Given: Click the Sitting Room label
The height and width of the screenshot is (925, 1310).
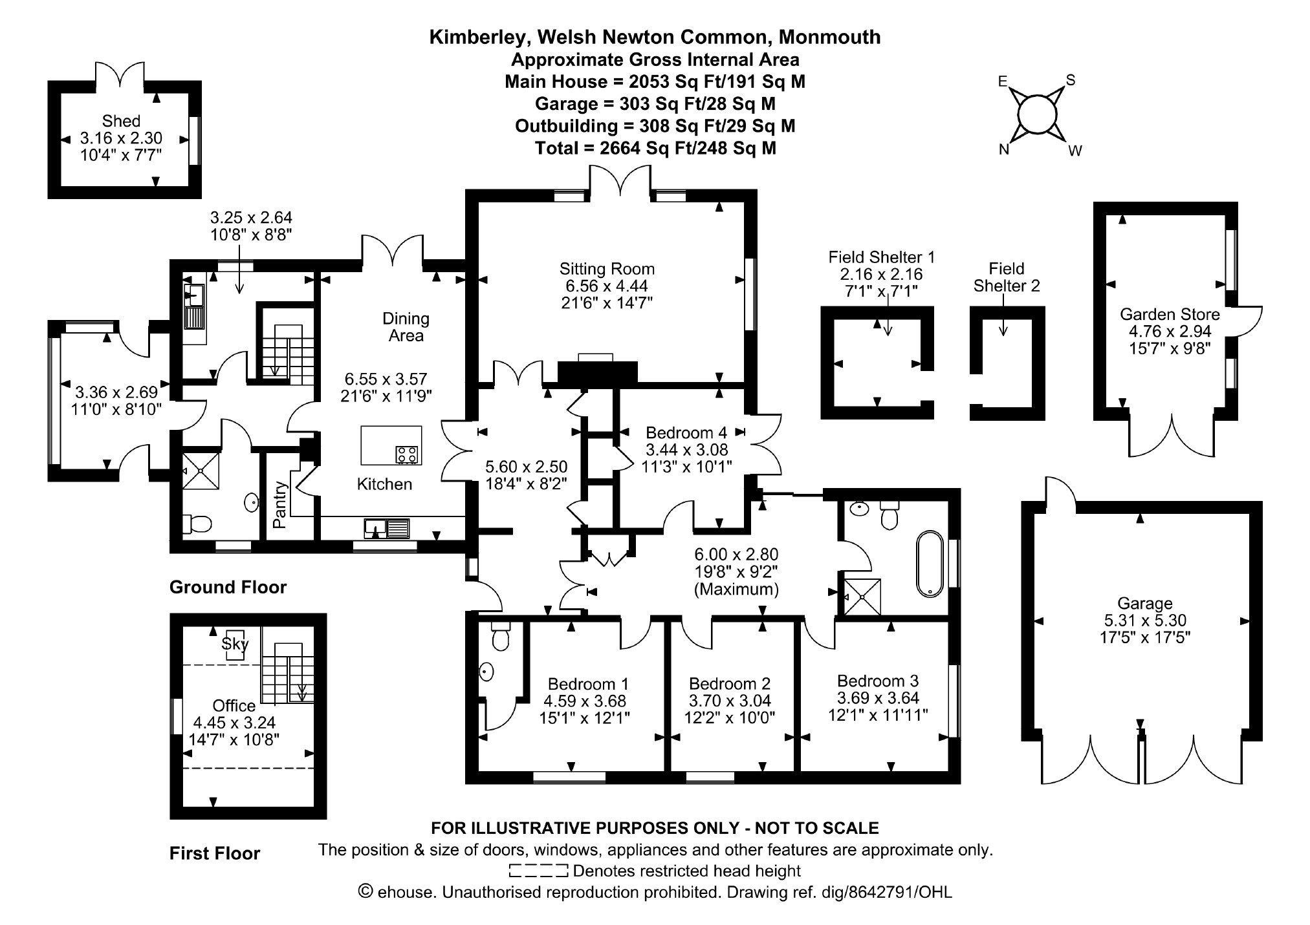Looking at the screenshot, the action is tap(607, 269).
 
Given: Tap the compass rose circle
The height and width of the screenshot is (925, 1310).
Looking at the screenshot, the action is tap(1037, 115).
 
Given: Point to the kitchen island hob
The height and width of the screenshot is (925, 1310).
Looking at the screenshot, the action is tap(407, 454).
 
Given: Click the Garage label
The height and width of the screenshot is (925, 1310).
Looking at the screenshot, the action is tap(1145, 604).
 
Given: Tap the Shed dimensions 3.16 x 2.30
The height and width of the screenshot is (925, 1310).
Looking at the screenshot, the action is tap(121, 138).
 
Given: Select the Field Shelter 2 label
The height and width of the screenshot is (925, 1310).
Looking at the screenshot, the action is tap(1007, 277).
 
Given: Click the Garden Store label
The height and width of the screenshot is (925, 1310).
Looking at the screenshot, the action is tap(1170, 315).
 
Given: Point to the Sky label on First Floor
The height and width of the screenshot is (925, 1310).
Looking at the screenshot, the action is tap(235, 643).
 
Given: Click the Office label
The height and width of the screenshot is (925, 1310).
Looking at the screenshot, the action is tap(234, 706).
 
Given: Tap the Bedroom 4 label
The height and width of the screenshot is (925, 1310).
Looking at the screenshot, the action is tap(686, 432).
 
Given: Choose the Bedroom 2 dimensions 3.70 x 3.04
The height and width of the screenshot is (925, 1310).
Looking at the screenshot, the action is tap(730, 701).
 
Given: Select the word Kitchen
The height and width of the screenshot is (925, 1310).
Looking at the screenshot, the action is tap(384, 484).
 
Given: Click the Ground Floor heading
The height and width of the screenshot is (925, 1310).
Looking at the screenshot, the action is tap(228, 587).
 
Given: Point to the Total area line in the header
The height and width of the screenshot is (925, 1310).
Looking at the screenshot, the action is tap(655, 148).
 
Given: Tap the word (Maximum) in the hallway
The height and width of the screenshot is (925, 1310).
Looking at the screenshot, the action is tap(736, 590).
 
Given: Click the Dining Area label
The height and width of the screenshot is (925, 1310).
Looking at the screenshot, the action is tap(406, 327).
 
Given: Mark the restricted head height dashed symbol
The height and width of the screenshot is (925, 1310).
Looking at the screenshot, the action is tap(539, 871).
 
